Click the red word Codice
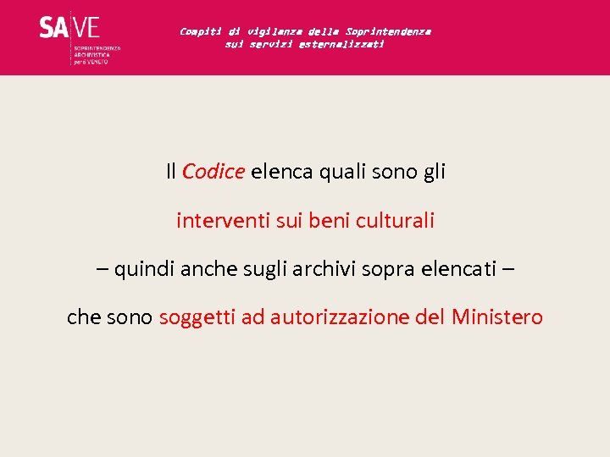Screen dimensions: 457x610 tap(213, 172)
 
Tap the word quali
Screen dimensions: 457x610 tap(343, 172)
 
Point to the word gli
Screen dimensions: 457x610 tap(433, 172)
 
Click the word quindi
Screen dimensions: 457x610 tap(141, 270)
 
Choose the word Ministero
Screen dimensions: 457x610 tap(497, 318)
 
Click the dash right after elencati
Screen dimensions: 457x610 tap(507, 270)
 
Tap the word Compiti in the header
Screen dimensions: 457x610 tap(200, 31)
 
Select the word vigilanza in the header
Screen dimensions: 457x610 tap(273, 31)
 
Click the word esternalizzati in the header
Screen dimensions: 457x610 tap(341, 44)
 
